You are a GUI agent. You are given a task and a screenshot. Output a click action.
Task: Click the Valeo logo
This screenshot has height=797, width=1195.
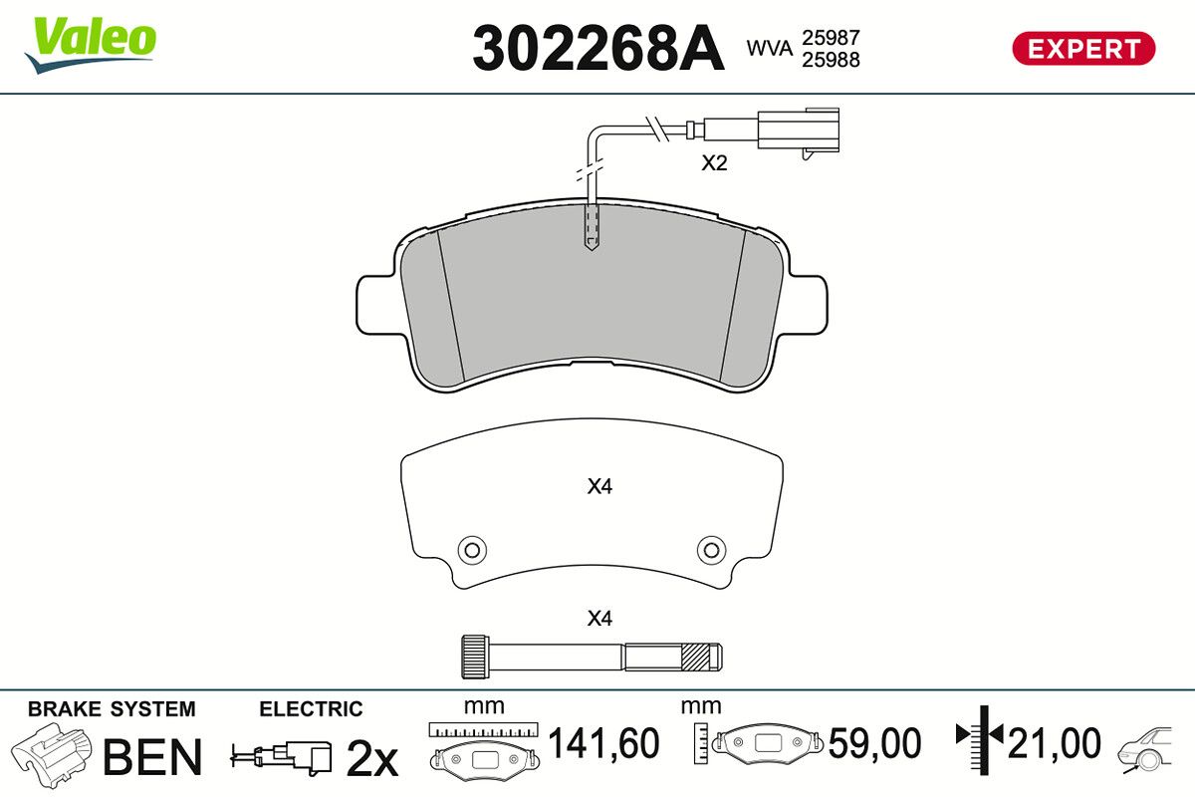coord(91,44)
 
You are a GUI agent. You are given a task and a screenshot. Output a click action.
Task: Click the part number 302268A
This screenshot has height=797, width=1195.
coord(598,49)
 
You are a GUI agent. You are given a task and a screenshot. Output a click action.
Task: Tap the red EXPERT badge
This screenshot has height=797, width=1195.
coord(1083,49)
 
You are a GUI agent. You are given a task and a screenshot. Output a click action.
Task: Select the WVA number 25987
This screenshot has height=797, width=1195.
coord(831,38)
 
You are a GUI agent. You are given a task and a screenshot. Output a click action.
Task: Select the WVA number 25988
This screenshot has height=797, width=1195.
coord(831,60)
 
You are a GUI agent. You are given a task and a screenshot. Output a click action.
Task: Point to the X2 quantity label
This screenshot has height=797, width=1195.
coord(714,162)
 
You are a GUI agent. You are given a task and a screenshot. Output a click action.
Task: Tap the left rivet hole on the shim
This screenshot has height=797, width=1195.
coord(472,550)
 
